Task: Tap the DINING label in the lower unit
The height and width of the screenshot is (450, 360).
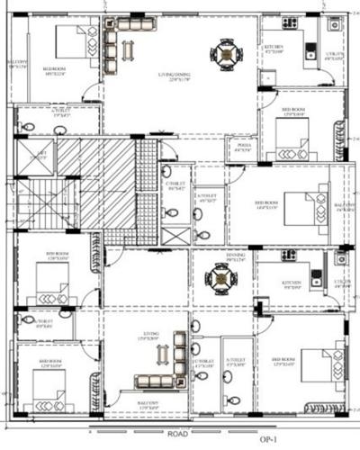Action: pyautogui.click(x=235, y=256)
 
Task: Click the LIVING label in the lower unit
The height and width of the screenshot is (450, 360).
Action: pyautogui.click(x=149, y=334)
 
